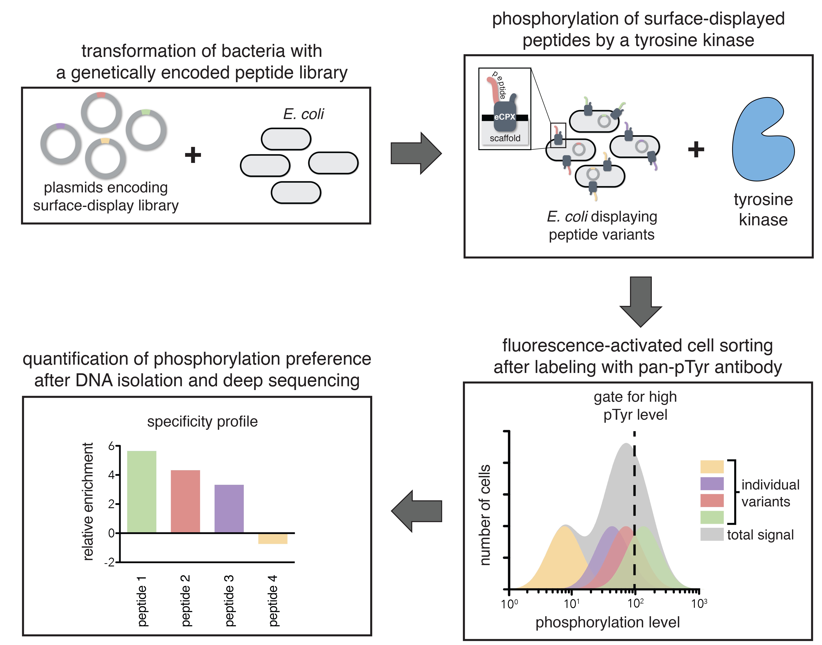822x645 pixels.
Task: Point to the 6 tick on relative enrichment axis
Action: click(112, 446)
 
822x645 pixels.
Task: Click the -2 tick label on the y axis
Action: click(110, 563)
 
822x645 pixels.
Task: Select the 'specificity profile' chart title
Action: click(202, 421)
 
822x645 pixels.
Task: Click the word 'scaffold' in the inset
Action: click(505, 138)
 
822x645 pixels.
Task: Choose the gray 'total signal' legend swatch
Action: click(712, 534)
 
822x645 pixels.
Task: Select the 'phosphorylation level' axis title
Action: click(607, 622)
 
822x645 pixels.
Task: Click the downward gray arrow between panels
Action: click(641, 300)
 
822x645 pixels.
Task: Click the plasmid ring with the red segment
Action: click(101, 112)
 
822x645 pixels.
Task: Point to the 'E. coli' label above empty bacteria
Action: click(303, 114)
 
